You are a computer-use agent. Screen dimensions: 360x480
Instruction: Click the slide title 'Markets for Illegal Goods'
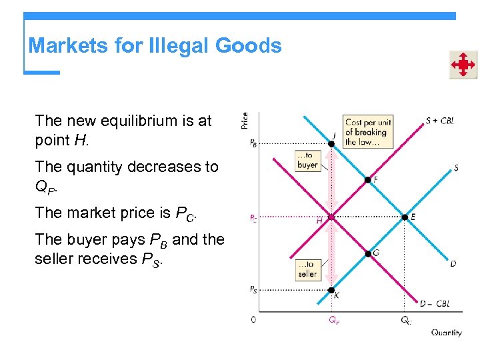155,46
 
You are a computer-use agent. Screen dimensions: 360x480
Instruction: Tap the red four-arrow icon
463,65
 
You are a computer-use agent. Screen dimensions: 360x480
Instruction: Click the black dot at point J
332,143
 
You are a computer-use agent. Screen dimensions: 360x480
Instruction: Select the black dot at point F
367,179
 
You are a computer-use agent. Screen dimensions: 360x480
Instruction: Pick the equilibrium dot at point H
331,217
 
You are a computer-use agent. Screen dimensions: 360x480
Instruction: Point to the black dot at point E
405,217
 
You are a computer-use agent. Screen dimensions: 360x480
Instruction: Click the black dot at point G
368,253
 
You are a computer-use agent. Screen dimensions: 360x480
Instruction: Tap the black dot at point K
331,290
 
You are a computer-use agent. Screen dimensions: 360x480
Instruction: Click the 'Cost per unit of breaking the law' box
367,131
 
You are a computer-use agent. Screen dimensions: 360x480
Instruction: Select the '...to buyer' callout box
307,161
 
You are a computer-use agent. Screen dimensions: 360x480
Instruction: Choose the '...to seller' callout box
308,269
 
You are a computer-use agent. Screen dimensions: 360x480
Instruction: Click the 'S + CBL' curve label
440,121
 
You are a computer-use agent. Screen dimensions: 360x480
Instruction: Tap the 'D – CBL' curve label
435,304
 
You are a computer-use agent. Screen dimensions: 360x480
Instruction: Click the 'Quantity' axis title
446,333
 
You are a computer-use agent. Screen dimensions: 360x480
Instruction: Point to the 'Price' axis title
245,120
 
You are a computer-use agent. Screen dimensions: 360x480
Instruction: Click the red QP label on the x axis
333,321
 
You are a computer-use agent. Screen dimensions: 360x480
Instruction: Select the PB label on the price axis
253,142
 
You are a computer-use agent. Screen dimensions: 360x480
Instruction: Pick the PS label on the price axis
253,289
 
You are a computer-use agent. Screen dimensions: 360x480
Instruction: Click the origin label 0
253,320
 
